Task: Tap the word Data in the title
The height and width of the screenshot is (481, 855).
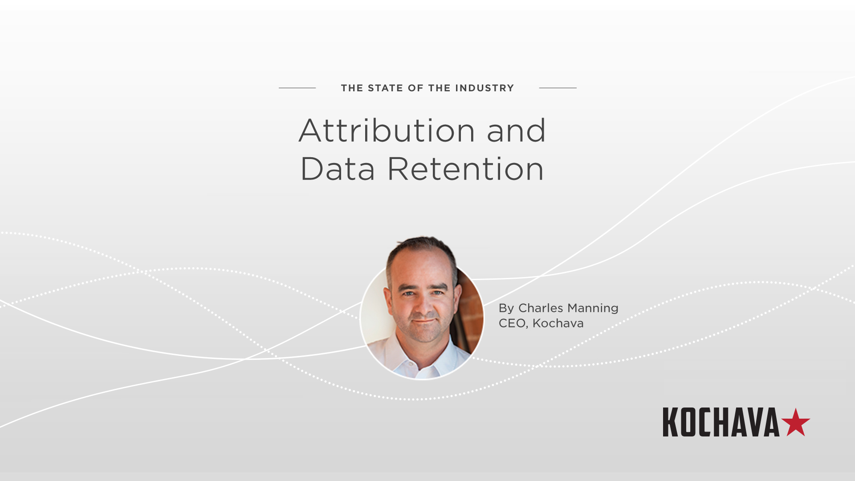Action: (x=338, y=169)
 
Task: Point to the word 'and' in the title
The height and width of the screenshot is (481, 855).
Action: (x=516, y=131)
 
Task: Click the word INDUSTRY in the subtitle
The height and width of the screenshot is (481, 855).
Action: (x=484, y=88)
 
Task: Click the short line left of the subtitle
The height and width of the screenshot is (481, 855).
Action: (x=297, y=88)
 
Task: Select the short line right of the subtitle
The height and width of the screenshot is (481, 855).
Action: (x=558, y=88)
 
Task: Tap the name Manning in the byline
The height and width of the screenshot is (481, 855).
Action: (x=593, y=308)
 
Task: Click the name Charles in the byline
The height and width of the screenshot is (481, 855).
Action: (x=541, y=308)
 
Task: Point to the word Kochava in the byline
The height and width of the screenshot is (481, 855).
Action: (x=558, y=323)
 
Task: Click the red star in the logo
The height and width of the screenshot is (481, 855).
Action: (x=795, y=423)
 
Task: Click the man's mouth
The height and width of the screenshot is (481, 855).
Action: (x=424, y=321)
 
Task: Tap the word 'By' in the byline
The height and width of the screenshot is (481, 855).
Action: (x=506, y=308)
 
